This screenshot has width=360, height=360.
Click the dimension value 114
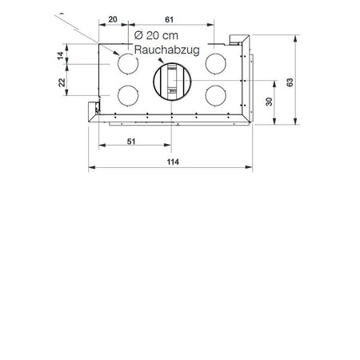coord(173,162)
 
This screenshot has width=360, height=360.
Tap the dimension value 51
coord(131,142)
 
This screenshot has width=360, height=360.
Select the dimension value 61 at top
coord(169,19)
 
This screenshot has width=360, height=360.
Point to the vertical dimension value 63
coord(290,82)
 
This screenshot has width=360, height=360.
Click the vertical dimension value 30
coord(269,102)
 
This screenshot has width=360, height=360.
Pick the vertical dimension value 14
coord(61,56)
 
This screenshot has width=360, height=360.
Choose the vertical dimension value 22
coord(62,82)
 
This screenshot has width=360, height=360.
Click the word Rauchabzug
coord(166,50)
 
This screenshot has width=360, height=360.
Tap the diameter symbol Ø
coord(138,35)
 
